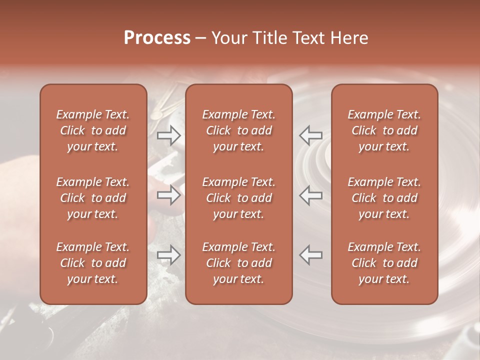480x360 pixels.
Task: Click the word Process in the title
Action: [x=157, y=38]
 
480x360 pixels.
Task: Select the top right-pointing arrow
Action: [x=169, y=135]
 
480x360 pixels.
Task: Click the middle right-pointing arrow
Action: [x=169, y=195]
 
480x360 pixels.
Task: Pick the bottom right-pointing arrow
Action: [x=169, y=255]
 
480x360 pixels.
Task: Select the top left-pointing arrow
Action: [x=310, y=135]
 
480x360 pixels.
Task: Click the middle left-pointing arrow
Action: [x=310, y=195]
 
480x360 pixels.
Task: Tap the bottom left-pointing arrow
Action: [x=310, y=255]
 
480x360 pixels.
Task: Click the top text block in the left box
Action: [x=93, y=130]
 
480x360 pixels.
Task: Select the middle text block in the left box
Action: [x=93, y=198]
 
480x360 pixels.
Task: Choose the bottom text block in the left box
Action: [x=93, y=263]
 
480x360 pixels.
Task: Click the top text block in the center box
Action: [x=239, y=130]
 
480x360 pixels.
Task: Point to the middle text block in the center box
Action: [x=239, y=198]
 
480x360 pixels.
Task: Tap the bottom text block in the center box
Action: [x=239, y=263]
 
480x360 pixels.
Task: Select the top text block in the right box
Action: [x=384, y=130]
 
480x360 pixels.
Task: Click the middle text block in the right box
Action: [x=384, y=198]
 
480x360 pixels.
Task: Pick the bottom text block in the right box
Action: [x=384, y=263]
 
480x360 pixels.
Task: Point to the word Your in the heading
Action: [x=228, y=38]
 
